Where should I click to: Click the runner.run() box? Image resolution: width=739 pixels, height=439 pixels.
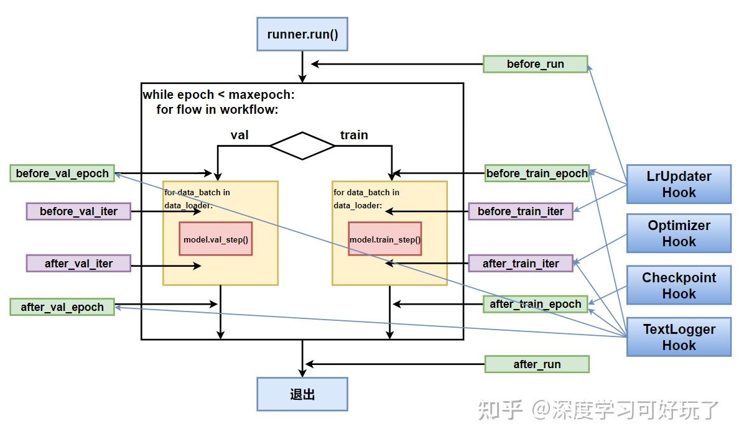click(x=302, y=34)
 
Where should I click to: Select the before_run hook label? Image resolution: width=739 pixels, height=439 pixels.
click(x=535, y=64)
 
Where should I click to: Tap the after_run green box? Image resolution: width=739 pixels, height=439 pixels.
click(x=536, y=364)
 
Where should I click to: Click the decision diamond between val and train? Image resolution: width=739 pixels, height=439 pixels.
click(x=302, y=146)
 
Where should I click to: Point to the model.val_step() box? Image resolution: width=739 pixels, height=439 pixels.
click(x=216, y=239)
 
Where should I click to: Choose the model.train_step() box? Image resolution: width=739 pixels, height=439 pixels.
click(x=384, y=239)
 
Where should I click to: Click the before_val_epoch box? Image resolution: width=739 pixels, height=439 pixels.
click(x=62, y=173)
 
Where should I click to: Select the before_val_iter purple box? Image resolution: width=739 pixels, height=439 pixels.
click(x=78, y=211)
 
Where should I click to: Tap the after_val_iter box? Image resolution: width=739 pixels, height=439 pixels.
click(x=78, y=264)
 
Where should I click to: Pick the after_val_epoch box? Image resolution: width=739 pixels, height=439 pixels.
click(x=62, y=307)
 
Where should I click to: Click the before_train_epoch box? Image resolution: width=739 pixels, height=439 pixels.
click(x=536, y=173)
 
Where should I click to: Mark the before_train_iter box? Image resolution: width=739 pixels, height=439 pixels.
click(x=520, y=211)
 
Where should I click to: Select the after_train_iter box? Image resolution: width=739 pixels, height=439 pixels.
click(x=520, y=264)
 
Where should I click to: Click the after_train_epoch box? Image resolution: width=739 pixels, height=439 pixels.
click(x=535, y=304)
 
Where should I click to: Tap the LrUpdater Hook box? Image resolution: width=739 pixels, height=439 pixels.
click(x=679, y=185)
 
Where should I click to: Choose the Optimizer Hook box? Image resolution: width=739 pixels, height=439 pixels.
click(x=679, y=234)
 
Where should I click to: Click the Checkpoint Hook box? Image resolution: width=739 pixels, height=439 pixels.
click(x=679, y=286)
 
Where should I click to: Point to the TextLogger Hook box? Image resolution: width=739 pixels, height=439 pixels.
click(x=679, y=338)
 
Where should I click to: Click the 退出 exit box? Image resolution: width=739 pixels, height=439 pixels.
click(x=302, y=394)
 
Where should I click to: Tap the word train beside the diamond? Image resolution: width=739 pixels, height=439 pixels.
click(x=354, y=135)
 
